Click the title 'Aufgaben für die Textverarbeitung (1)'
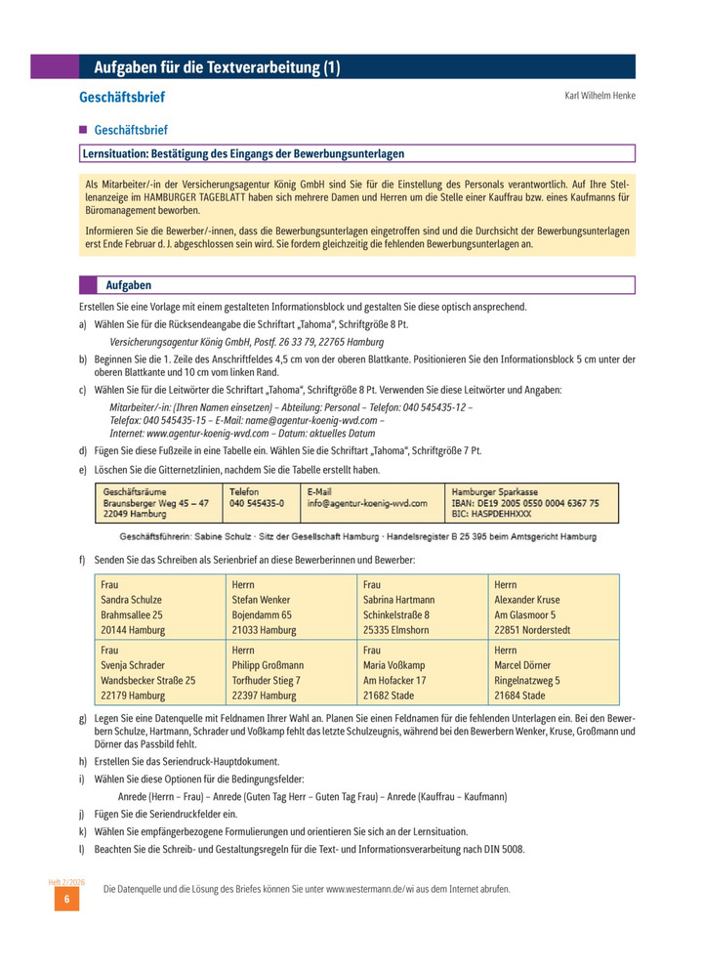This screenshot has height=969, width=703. point(217,67)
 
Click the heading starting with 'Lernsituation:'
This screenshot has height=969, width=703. point(243,153)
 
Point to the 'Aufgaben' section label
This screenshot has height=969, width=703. point(128,285)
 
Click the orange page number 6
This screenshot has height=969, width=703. point(66,900)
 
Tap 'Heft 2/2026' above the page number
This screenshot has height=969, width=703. point(66,882)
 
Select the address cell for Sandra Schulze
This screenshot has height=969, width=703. point(159,608)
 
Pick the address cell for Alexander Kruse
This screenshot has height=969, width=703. point(553,608)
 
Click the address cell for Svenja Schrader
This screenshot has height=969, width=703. point(159,672)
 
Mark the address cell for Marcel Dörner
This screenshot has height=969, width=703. point(553,672)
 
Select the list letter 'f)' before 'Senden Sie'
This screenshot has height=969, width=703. point(83,560)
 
